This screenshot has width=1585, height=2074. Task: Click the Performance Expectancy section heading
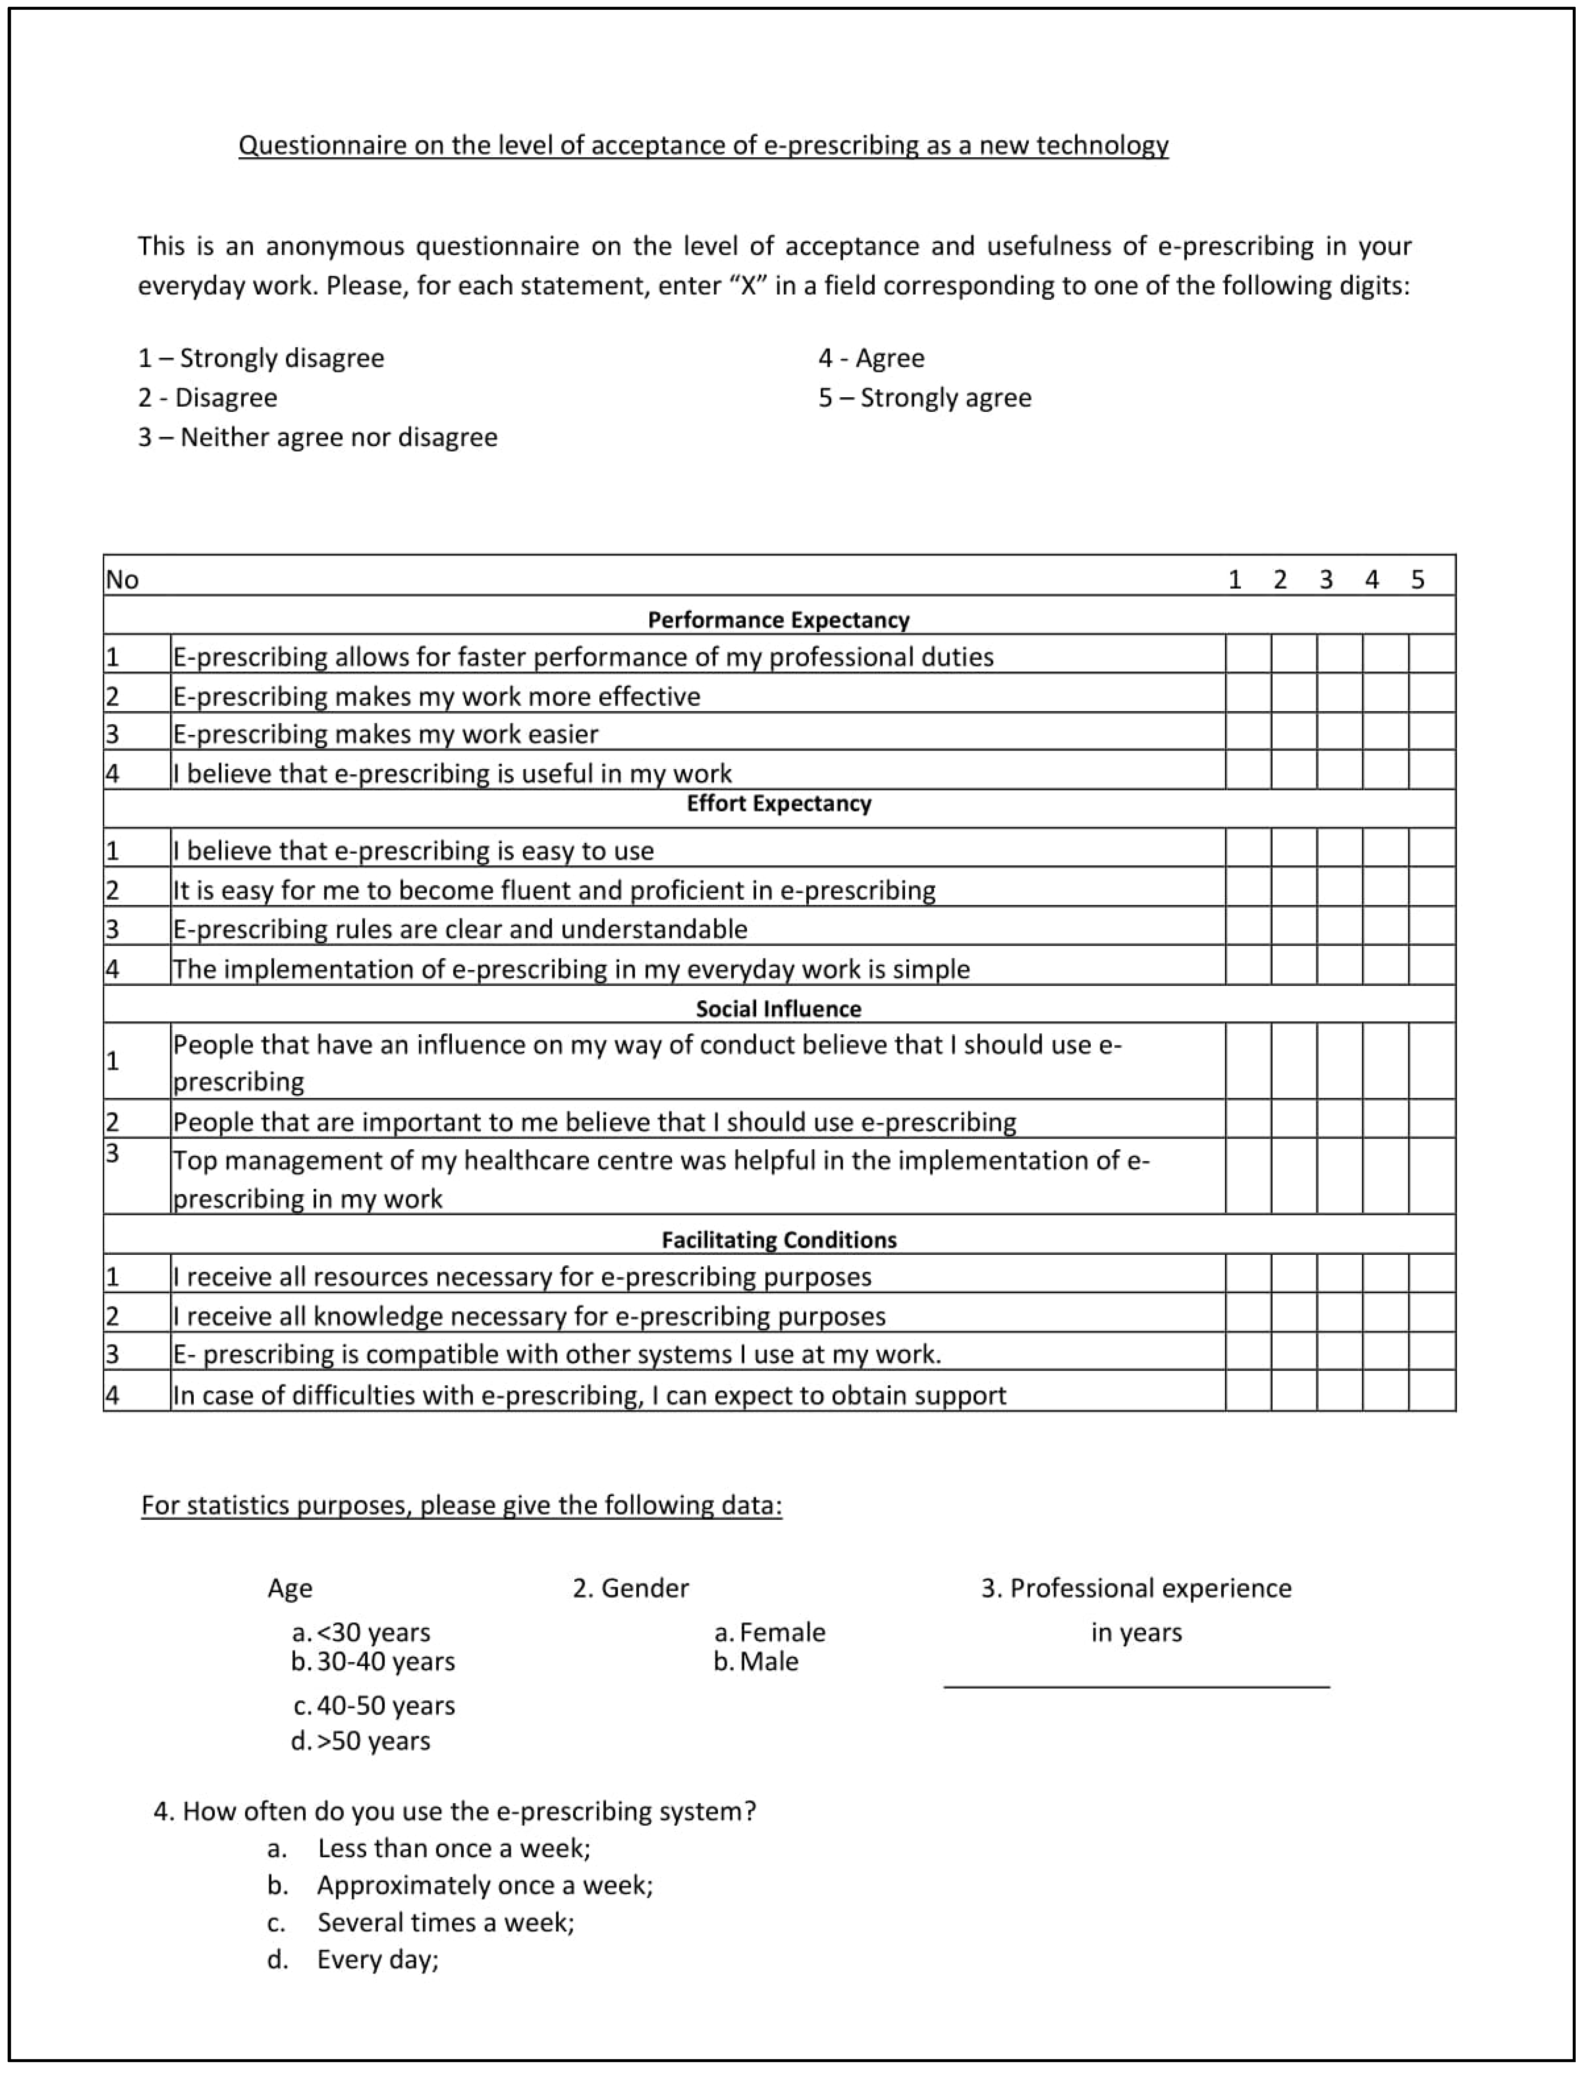pos(778,620)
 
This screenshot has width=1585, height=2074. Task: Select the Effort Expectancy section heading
pos(778,804)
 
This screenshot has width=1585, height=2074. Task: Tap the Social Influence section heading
pos(778,1009)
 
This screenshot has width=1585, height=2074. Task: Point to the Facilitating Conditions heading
pos(778,1240)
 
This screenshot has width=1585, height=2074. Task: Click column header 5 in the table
pos(1417,579)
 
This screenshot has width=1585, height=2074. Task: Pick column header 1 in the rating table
pos(1234,579)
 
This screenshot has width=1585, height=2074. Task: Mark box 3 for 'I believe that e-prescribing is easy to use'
pos(1340,847)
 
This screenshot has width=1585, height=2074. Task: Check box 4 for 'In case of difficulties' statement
pos(1385,1391)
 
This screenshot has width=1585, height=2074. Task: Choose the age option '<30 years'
pos(373,1633)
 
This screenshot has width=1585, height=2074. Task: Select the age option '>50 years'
pos(373,1741)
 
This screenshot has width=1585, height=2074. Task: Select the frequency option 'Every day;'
pos(377,1960)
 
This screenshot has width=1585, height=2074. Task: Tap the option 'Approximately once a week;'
pos(484,1885)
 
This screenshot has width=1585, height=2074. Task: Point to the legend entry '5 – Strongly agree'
pos(925,397)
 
